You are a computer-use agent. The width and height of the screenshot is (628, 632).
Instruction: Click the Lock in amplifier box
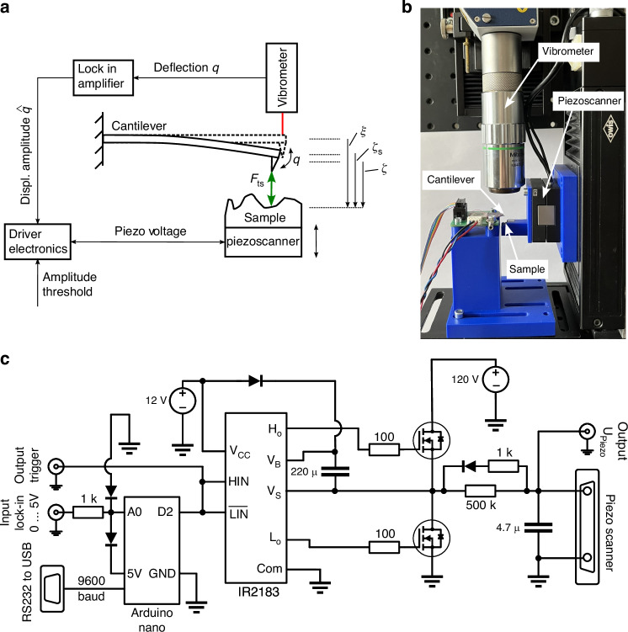(104, 77)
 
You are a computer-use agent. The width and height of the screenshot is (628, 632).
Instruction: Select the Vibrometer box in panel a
(282, 77)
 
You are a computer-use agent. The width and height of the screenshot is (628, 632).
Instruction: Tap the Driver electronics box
(38, 242)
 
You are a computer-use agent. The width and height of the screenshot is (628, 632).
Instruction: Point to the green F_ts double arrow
(271, 189)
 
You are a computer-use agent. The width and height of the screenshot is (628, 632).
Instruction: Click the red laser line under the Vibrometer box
(283, 124)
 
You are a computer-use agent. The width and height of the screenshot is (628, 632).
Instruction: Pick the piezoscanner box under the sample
(263, 242)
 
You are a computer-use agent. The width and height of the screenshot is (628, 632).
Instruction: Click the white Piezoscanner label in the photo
(589, 100)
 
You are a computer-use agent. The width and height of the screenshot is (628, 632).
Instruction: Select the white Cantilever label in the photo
(450, 179)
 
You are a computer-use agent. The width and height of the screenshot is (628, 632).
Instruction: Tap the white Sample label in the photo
(527, 268)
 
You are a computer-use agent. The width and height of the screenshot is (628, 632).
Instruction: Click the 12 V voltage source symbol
(183, 401)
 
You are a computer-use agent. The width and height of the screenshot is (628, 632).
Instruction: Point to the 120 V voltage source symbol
(496, 380)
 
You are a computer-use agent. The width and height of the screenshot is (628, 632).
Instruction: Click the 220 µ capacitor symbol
(334, 471)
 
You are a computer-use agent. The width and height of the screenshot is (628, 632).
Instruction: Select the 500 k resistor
(481, 491)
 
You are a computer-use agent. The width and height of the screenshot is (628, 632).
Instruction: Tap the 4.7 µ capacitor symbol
(538, 528)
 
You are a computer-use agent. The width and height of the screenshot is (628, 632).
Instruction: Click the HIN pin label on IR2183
(238, 481)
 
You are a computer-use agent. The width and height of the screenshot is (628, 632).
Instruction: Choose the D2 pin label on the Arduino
(165, 512)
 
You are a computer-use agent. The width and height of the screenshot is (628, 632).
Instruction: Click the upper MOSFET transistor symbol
(432, 440)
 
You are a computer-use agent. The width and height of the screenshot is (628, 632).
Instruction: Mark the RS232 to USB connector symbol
(52, 588)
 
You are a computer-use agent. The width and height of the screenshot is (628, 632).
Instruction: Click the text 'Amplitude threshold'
(69, 284)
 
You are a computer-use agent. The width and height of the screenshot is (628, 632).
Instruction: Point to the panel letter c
(5, 358)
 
